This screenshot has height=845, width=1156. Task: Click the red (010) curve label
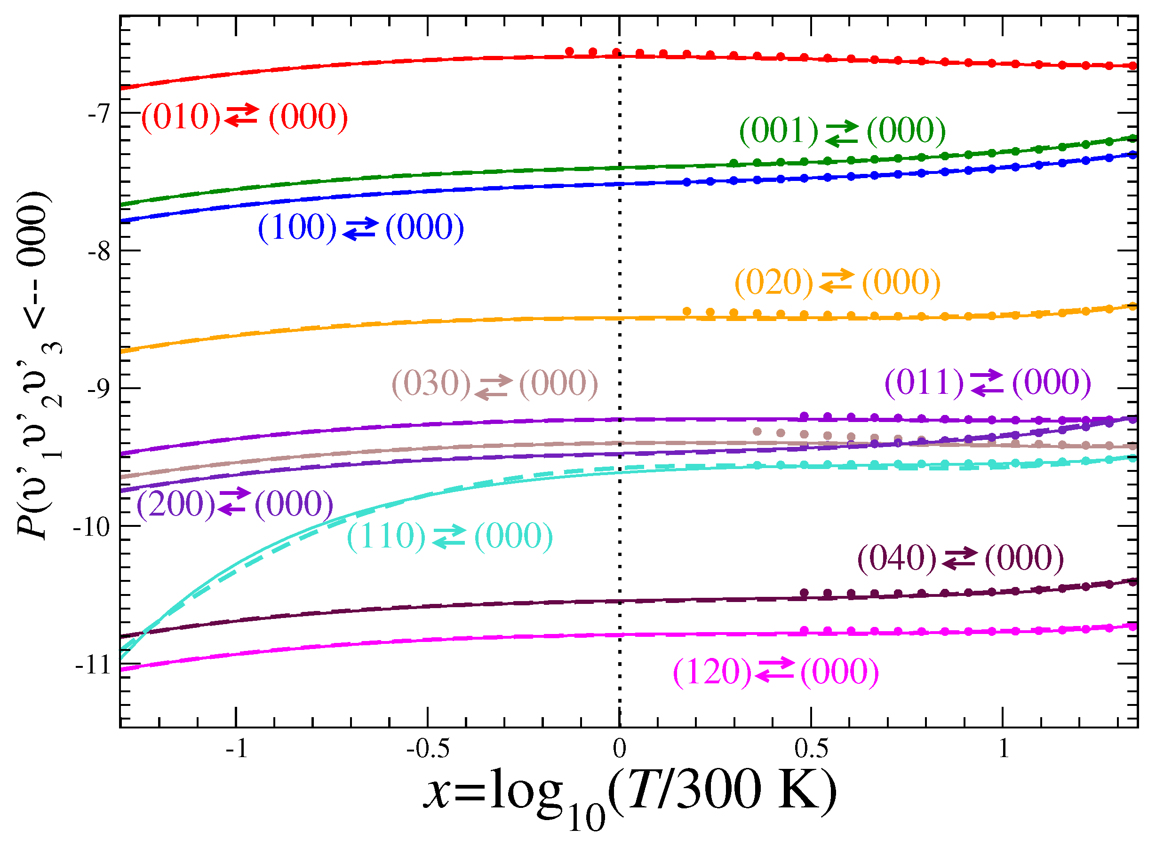tap(244, 117)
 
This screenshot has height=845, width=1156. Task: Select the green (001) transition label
tap(842, 131)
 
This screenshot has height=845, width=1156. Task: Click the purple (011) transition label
tap(988, 382)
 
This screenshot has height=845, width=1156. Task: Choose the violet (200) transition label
tap(234, 504)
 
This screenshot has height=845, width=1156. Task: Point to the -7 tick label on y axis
tap(99, 114)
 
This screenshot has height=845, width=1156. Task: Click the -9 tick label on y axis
tap(99, 389)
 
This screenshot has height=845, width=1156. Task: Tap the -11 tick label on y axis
tap(93, 665)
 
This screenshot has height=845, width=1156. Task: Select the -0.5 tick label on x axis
tap(428, 749)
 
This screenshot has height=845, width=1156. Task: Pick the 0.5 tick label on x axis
tap(811, 749)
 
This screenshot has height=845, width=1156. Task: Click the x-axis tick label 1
tap(1004, 749)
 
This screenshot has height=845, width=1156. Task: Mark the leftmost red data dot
tap(569, 52)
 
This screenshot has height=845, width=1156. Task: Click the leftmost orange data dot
tap(687, 312)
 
